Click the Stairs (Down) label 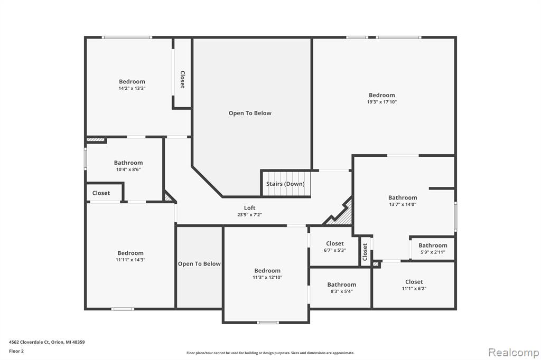click(285, 184)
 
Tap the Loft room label click(249, 208)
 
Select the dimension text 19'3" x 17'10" click(381, 102)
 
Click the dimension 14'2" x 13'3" click(132, 88)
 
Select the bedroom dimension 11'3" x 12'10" click(267, 277)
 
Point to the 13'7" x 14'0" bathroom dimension click(403, 204)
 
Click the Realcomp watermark click(514, 353)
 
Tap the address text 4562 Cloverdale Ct click(30, 342)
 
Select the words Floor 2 click(16, 351)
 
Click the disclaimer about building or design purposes click(270, 353)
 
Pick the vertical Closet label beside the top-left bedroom click(182, 79)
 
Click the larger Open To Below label click(250, 113)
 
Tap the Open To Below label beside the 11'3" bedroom click(199, 264)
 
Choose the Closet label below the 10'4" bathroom click(101, 193)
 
